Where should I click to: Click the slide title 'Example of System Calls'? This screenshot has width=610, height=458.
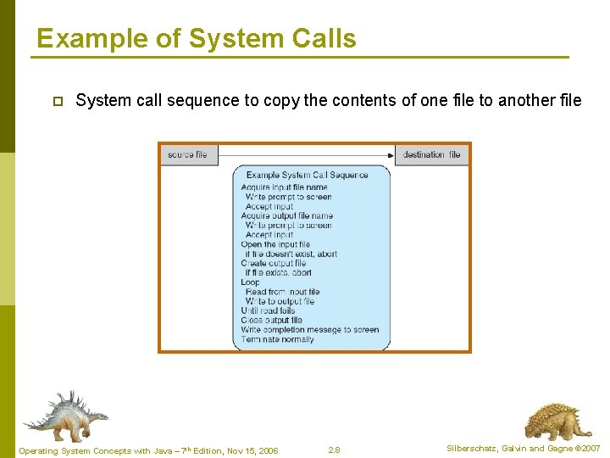pyautogui.click(x=196, y=39)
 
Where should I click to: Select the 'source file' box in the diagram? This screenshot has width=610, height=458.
pyautogui.click(x=187, y=154)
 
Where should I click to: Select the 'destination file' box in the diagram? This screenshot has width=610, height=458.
pyautogui.click(x=432, y=154)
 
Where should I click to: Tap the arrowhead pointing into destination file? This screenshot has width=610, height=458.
pyautogui.click(x=391, y=154)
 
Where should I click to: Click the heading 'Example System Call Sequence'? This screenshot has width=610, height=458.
pyautogui.click(x=307, y=176)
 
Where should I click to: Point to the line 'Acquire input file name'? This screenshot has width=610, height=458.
pyautogui.click(x=284, y=187)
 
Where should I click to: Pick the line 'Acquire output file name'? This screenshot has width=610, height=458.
pyautogui.click(x=286, y=215)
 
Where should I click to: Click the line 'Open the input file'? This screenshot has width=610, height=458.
pyautogui.click(x=275, y=244)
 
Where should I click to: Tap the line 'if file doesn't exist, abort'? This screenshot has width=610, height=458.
pyautogui.click(x=290, y=254)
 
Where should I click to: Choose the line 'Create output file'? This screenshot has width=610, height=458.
pyautogui.click(x=273, y=264)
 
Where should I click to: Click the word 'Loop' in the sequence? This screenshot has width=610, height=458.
pyautogui.click(x=250, y=282)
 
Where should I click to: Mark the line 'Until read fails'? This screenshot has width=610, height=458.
pyautogui.click(x=268, y=310)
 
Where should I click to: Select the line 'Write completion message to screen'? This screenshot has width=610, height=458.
pyautogui.click(x=309, y=330)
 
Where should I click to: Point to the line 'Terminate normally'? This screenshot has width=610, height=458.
pyautogui.click(x=277, y=339)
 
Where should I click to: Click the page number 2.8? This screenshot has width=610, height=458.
pyautogui.click(x=334, y=450)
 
